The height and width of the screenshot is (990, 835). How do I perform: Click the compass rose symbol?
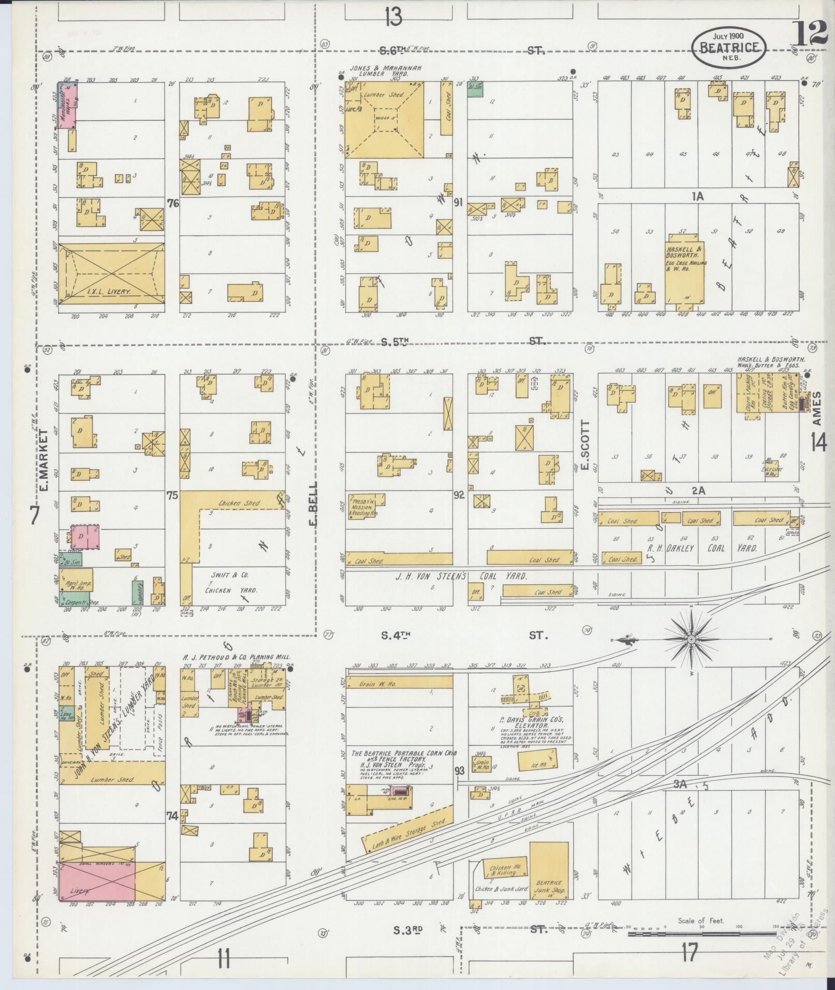(691, 640)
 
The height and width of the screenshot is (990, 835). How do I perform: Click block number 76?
(173, 204)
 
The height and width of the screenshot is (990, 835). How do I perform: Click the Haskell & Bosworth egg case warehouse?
(684, 268)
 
